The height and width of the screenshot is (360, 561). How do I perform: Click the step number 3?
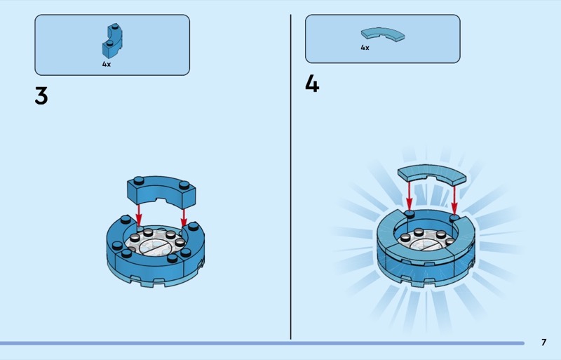click(x=41, y=96)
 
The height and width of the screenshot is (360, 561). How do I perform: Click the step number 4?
click(x=312, y=84)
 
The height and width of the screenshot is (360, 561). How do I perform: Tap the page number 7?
click(x=544, y=342)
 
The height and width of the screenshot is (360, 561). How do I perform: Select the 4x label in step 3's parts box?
click(x=107, y=64)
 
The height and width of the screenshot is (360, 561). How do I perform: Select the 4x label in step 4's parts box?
click(x=365, y=47)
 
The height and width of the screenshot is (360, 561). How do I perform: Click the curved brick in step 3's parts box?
click(x=111, y=41)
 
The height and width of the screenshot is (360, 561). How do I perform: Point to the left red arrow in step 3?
click(x=139, y=215)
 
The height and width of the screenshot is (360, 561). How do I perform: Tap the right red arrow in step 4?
click(x=454, y=199)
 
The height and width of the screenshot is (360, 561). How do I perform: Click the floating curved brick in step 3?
click(x=162, y=191)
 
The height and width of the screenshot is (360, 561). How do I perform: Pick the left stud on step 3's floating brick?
click(x=138, y=180)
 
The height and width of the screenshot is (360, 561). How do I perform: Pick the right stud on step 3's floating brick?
click(x=184, y=185)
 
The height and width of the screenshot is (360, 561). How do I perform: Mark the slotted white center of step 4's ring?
click(x=426, y=246)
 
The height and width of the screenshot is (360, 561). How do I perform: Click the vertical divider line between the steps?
click(x=290, y=177)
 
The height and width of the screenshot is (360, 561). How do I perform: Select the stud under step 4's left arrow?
click(x=410, y=214)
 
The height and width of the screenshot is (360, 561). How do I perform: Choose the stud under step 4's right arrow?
click(x=454, y=218)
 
